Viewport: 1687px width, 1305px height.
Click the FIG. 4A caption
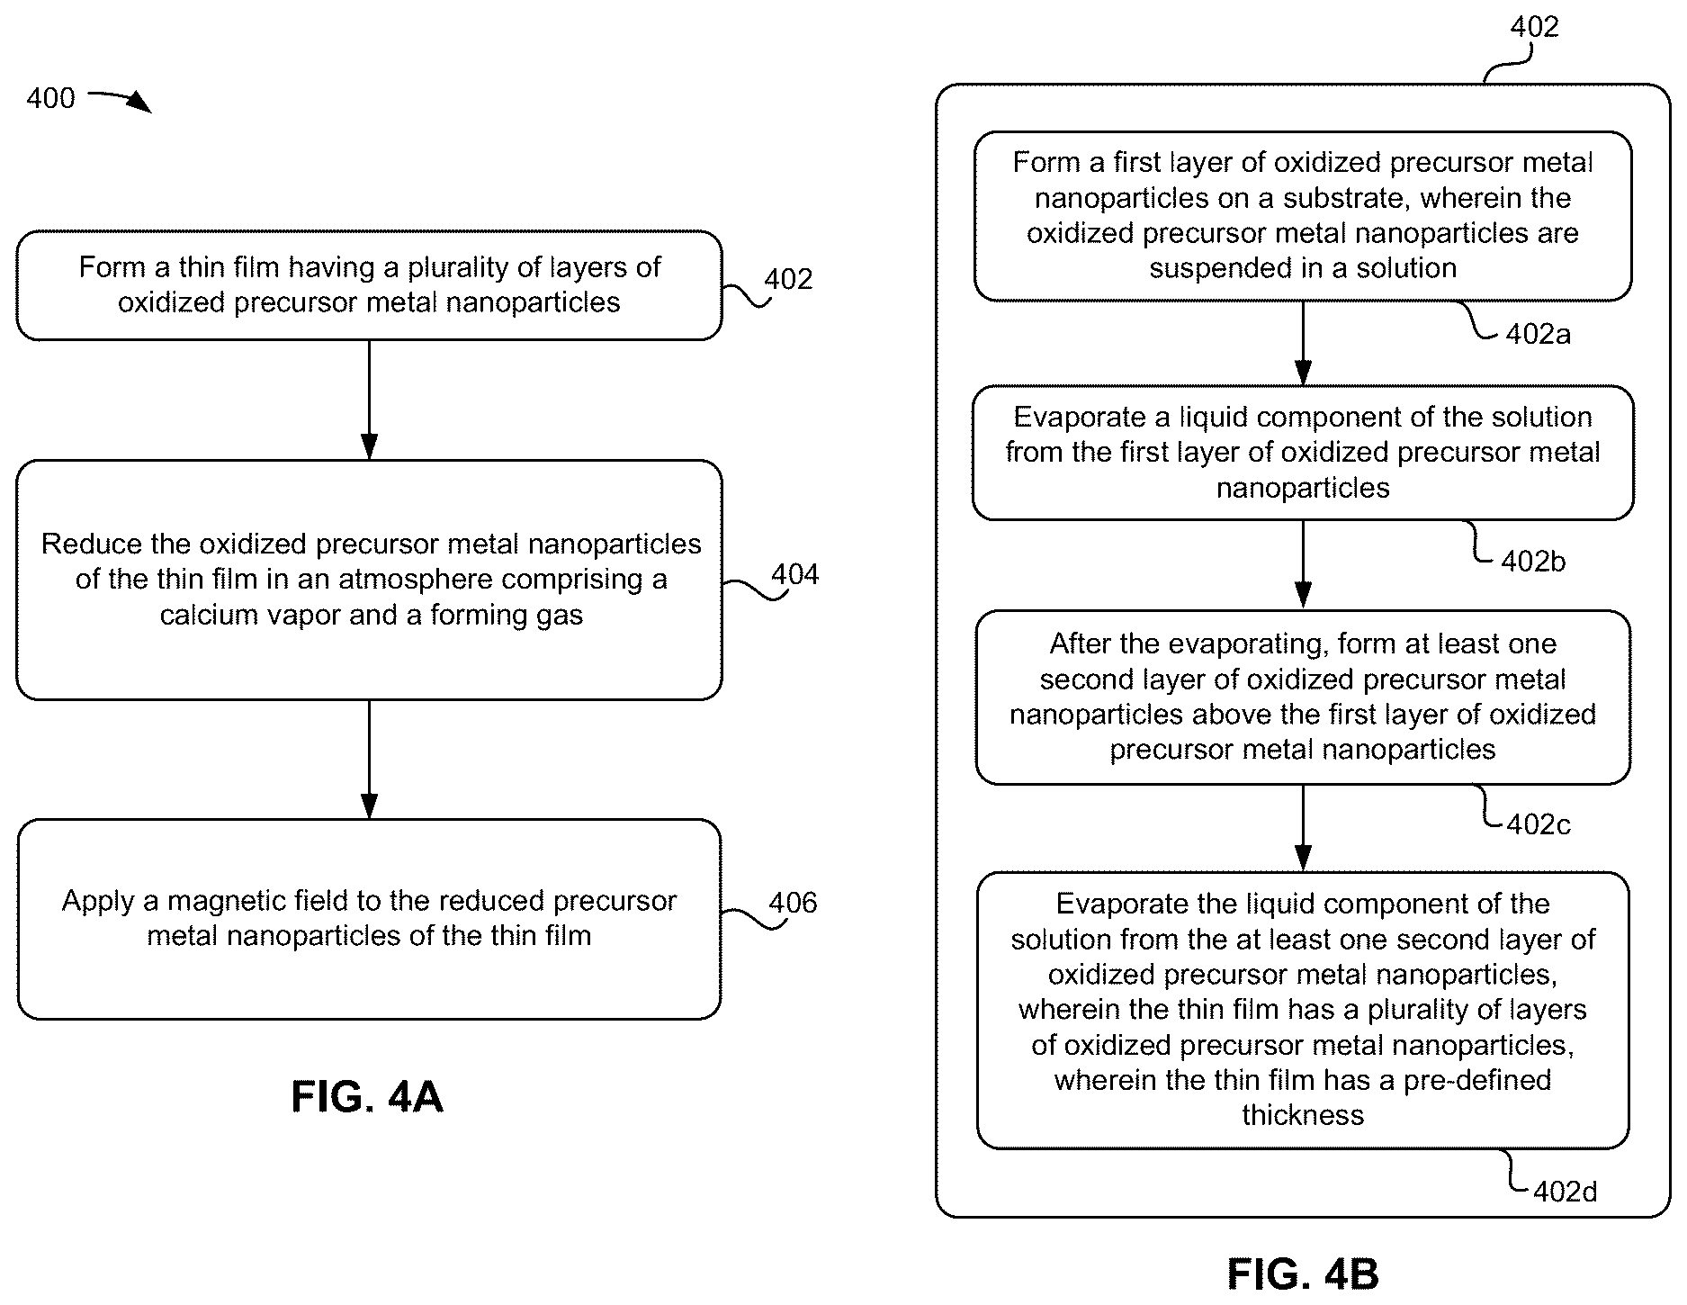click(x=367, y=1097)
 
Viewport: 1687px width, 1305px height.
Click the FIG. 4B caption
click(x=1302, y=1274)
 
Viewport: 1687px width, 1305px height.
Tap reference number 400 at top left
click(x=50, y=97)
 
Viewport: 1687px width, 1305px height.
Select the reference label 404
click(x=794, y=574)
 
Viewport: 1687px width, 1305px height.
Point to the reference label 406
click(x=793, y=902)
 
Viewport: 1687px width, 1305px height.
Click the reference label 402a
click(x=1539, y=334)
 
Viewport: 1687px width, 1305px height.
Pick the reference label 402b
click(x=1533, y=561)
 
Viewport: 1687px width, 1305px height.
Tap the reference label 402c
click(x=1539, y=824)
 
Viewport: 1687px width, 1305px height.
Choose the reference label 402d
click(x=1565, y=1192)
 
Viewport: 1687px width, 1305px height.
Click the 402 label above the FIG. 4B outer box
click(x=1534, y=27)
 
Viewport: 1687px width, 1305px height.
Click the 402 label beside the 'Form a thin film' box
click(x=788, y=279)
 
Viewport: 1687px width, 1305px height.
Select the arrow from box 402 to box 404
click(x=369, y=400)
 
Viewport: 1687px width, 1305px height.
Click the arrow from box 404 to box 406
click(x=369, y=760)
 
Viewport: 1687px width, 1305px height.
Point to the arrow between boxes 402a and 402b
click(x=1302, y=343)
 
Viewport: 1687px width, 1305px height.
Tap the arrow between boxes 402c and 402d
click(x=1302, y=828)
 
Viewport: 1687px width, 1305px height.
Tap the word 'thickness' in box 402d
click(x=1303, y=1115)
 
